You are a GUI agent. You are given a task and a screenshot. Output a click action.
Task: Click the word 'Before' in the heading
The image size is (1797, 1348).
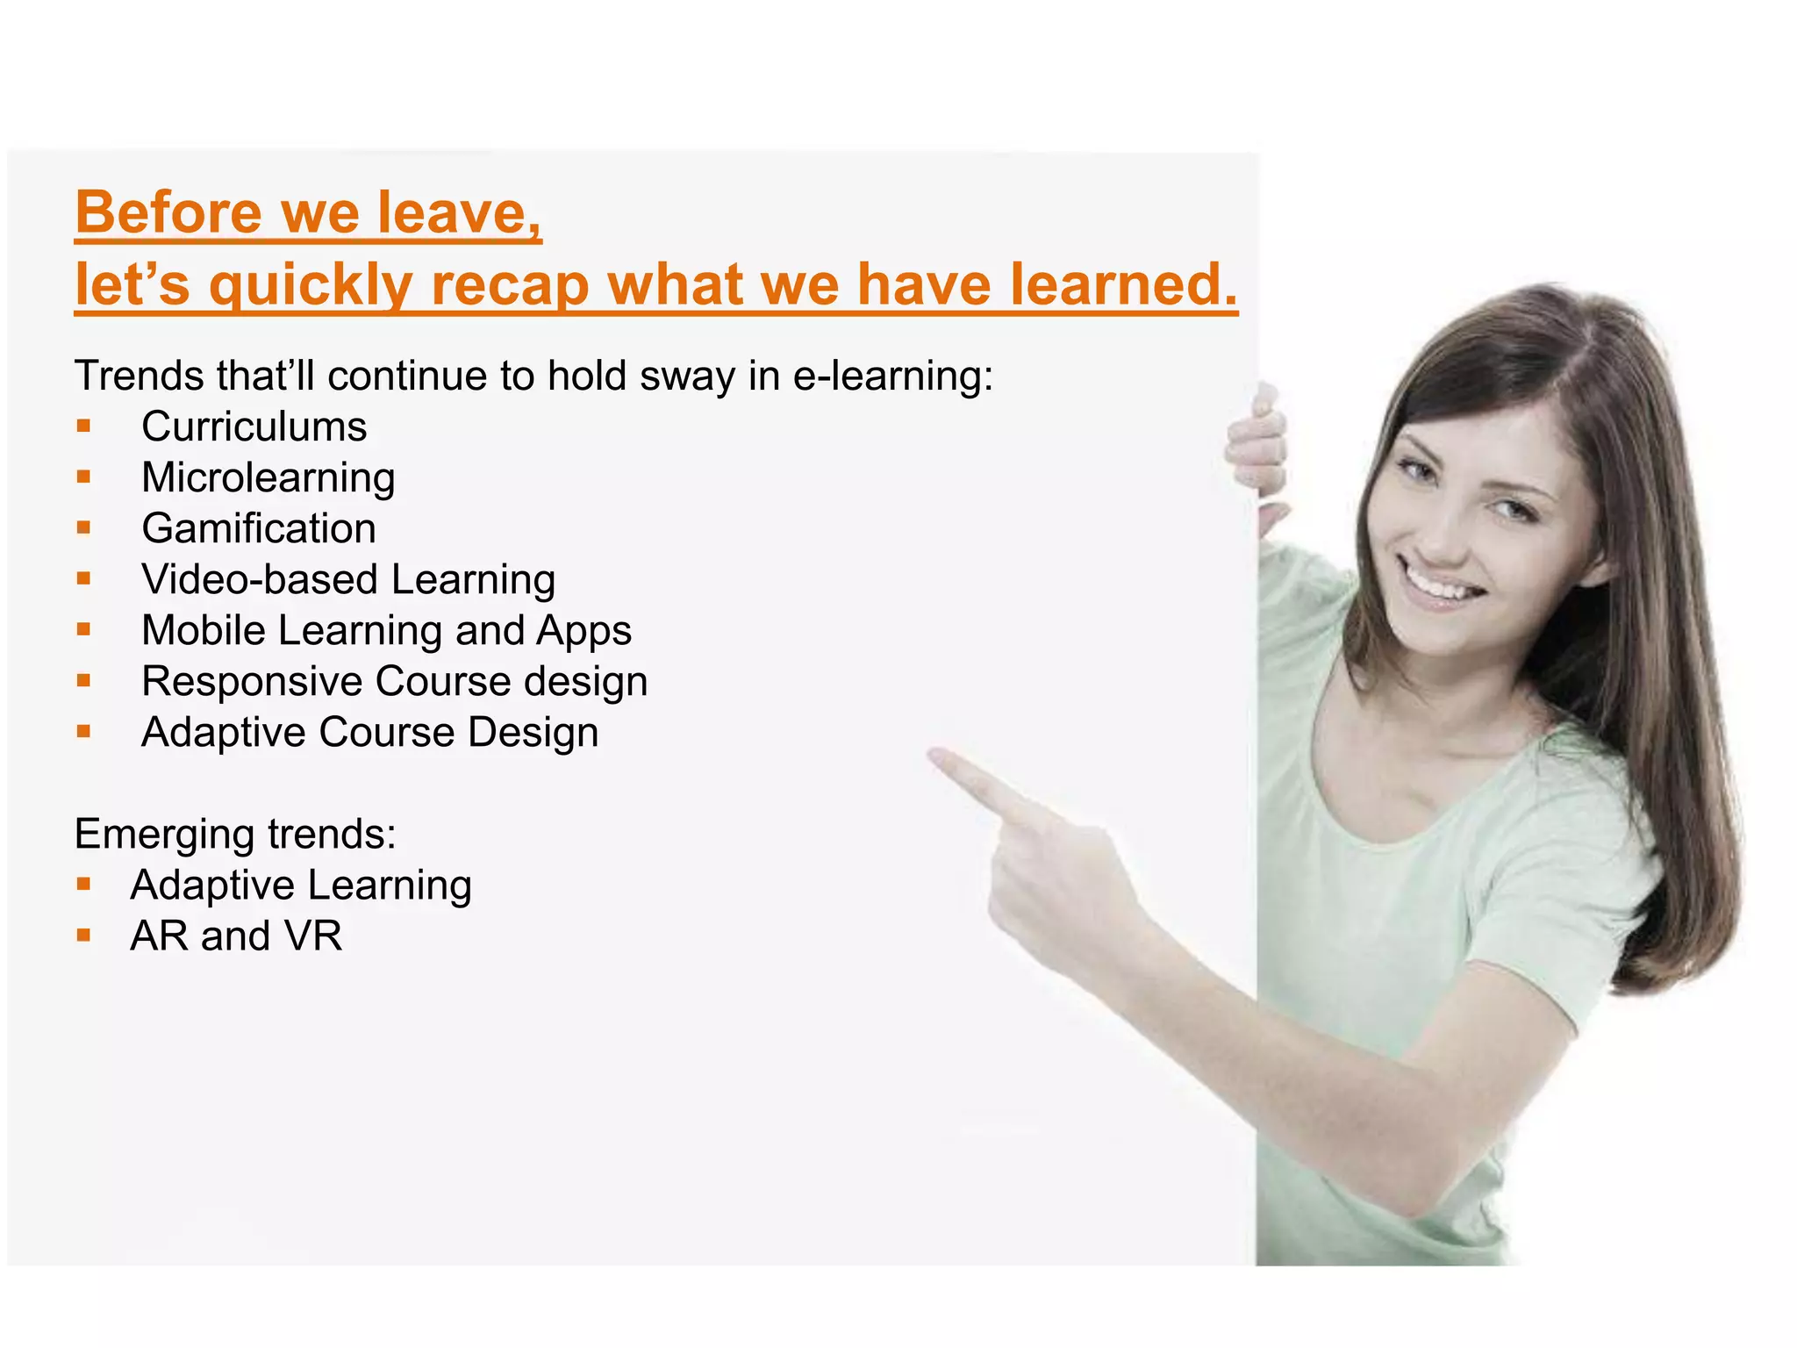point(168,212)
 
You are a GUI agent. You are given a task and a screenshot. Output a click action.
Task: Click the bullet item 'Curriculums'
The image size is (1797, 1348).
point(254,427)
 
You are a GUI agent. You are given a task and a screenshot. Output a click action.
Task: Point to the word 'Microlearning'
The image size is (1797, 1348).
point(268,478)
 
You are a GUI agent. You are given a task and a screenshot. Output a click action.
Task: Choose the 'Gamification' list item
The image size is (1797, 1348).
point(259,529)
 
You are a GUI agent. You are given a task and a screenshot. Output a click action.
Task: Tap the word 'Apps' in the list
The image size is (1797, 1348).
point(583,631)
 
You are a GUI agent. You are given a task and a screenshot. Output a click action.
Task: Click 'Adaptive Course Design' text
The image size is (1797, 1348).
point(369,733)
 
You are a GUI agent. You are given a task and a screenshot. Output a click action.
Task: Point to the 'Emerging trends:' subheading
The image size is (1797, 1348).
point(235,834)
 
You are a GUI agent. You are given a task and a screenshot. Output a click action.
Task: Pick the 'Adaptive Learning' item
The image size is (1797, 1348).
point(301,885)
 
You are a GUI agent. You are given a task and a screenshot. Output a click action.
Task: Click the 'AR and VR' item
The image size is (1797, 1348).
point(236,936)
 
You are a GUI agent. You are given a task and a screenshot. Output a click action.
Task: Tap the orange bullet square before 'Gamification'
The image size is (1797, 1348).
point(84,528)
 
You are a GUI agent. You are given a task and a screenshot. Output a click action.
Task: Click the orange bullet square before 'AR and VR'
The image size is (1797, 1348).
point(84,936)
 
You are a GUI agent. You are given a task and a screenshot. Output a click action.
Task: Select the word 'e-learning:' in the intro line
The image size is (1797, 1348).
point(892,376)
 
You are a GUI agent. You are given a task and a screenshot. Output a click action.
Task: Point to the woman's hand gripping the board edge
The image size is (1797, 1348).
point(1256,448)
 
